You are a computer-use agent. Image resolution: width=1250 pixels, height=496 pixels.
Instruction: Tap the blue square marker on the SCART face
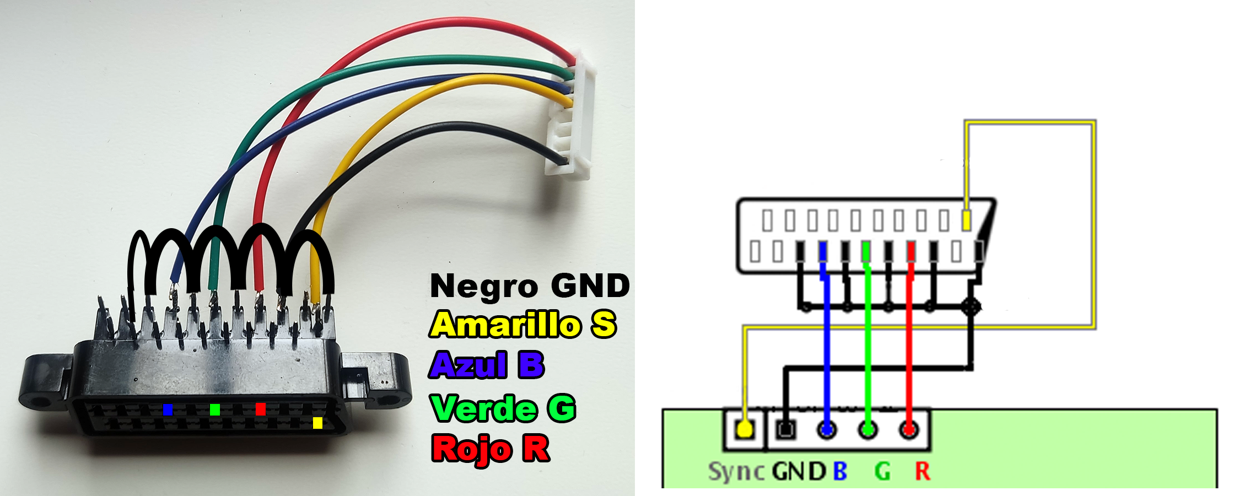tap(168, 409)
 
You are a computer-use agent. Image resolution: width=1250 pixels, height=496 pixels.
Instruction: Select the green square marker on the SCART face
tap(215, 409)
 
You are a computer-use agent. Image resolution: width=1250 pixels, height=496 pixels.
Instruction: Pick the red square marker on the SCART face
tap(260, 409)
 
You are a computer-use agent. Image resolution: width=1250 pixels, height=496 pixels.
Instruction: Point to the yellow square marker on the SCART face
tap(317, 423)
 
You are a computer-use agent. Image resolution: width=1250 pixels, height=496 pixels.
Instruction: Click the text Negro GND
tap(529, 286)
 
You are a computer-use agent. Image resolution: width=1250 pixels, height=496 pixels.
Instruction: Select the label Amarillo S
tap(522, 325)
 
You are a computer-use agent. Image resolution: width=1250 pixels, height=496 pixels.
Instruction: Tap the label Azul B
tap(487, 365)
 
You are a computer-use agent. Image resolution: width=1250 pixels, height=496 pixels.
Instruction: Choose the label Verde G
tap(503, 408)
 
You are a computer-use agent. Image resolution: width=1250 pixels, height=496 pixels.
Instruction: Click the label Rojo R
tap(491, 449)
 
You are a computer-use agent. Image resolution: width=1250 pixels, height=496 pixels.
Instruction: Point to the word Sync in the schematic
tap(736, 472)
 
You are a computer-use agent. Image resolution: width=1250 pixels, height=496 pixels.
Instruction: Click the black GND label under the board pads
tap(799, 472)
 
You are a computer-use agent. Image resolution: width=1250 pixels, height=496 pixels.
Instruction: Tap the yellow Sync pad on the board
tap(744, 429)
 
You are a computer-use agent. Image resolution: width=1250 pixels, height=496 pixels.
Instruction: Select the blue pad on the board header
tap(826, 429)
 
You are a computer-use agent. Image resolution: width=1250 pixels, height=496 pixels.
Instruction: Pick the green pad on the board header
tap(868, 429)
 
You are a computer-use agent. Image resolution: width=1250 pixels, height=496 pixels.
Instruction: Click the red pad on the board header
tap(909, 429)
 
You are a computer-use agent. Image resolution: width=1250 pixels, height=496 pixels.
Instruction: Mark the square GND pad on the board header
tap(785, 429)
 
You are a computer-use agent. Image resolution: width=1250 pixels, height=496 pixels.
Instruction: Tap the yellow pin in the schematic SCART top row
tap(966, 220)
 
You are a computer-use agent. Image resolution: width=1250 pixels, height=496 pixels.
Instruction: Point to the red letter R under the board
tap(923, 472)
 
